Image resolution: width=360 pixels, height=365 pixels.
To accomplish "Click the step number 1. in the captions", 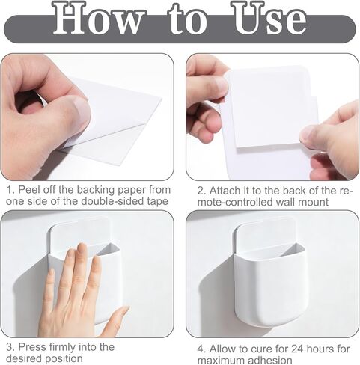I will point(8,189).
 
